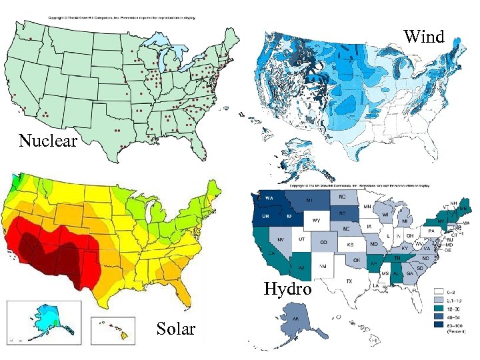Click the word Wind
coord(424,37)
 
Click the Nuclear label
coord(49,141)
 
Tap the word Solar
coord(176,329)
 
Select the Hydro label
coord(287,289)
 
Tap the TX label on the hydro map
coord(349,281)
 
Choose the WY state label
coord(317,220)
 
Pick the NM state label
coord(324,267)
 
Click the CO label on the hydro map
coord(323,242)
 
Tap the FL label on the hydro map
coord(415,291)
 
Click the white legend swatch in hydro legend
coord(440,291)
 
